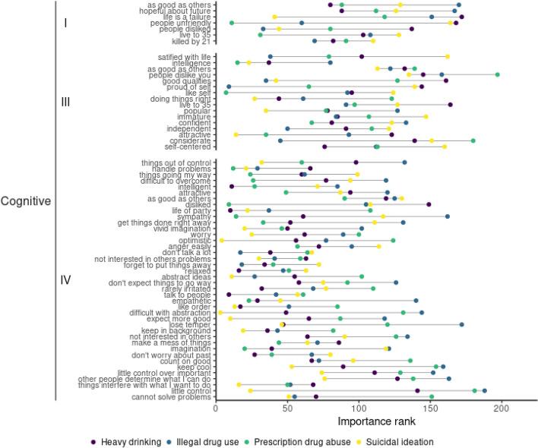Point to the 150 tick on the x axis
pos(429,408)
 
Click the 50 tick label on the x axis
pos(287,408)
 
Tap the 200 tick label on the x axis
pos(501,408)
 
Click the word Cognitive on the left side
pos(26,202)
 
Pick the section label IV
pos(65,280)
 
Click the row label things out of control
pos(177,162)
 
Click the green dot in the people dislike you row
pos(497,74)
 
